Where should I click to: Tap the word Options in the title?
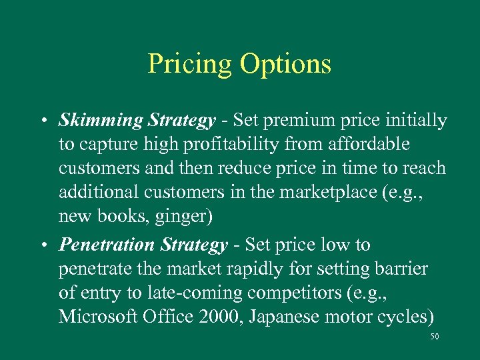pos(286,65)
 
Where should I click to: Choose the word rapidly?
pos(251,269)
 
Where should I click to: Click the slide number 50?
pos(435,338)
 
